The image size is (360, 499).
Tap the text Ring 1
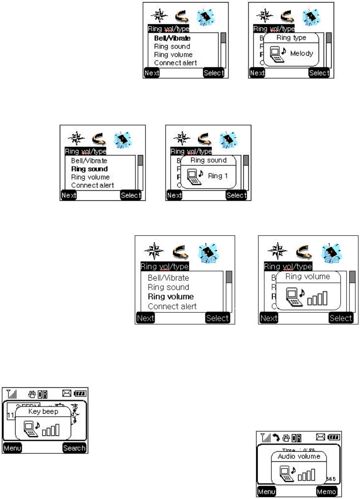point(218,176)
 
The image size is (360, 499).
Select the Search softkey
point(74,448)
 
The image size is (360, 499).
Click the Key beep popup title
point(43,411)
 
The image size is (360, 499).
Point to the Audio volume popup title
point(299,456)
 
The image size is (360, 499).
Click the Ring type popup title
point(292,38)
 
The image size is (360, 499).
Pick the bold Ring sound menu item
point(89,169)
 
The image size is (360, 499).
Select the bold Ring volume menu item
point(171,297)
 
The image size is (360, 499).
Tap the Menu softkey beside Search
point(12,448)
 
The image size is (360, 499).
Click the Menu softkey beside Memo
point(266,492)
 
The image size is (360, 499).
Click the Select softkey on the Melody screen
point(319,73)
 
